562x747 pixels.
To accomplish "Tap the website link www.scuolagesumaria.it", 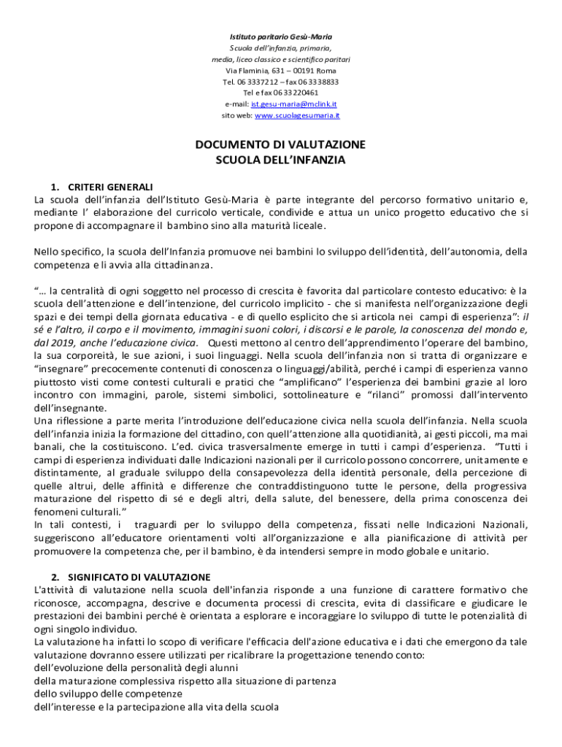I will [x=297, y=115].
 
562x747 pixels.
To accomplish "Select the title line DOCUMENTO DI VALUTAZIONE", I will [x=280, y=144].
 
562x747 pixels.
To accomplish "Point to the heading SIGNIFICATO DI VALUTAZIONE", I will [x=139, y=576].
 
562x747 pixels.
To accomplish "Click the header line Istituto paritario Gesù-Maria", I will [x=281, y=36].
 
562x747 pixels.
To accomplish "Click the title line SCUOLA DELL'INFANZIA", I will [x=281, y=159].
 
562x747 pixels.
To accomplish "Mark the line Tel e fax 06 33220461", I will [x=280, y=93].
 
